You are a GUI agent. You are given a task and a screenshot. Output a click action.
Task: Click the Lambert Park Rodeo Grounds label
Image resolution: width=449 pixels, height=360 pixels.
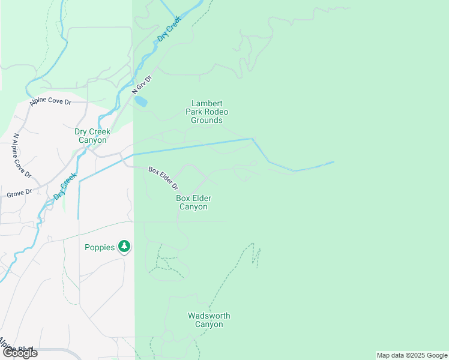(x=206, y=112)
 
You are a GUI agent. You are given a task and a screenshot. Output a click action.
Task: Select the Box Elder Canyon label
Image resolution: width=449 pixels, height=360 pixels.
(x=193, y=202)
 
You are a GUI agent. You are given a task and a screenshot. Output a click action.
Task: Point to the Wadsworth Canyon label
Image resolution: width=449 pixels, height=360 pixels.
(x=209, y=320)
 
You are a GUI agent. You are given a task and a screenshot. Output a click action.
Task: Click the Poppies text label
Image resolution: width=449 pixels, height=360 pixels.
(x=100, y=247)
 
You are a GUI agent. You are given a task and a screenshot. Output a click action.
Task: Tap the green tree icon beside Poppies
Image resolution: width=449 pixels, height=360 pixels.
(x=124, y=246)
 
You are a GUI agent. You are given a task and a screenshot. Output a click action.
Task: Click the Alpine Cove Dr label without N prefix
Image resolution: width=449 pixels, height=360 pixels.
(x=50, y=103)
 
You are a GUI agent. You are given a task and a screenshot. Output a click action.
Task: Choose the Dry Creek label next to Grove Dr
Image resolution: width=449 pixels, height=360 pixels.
(x=65, y=186)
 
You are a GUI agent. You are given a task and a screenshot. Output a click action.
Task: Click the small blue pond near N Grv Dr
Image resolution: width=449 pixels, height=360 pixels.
(x=140, y=101)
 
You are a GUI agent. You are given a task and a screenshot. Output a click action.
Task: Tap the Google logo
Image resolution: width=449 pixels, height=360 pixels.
(x=20, y=353)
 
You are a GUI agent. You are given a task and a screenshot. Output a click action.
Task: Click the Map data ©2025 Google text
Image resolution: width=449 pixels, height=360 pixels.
(x=412, y=355)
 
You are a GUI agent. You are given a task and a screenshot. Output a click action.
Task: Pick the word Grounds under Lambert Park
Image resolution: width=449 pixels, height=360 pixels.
(x=206, y=120)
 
